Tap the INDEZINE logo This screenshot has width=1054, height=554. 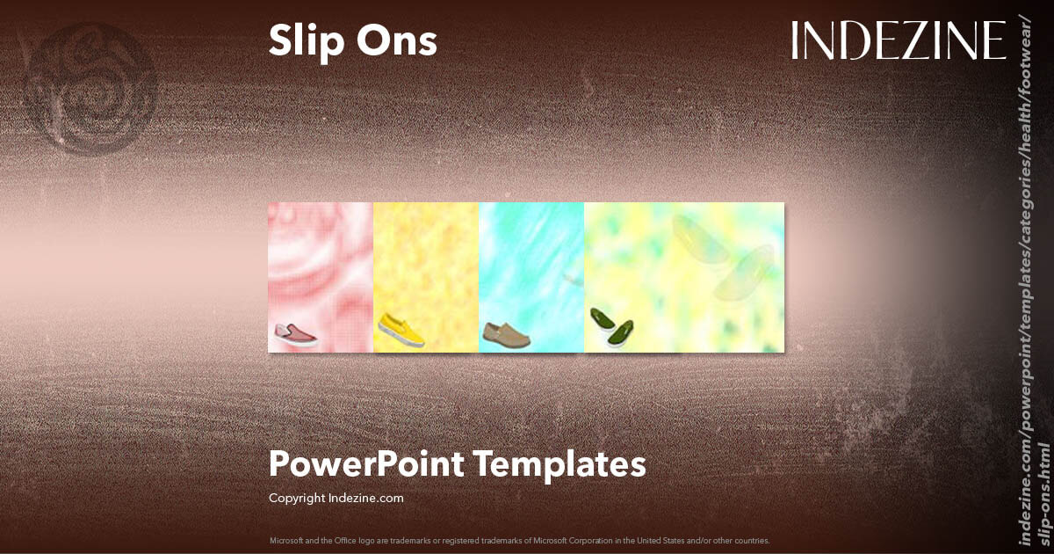[898, 40]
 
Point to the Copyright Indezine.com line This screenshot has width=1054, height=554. [336, 498]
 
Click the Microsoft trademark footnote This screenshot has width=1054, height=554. [519, 540]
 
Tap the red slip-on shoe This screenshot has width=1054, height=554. [295, 333]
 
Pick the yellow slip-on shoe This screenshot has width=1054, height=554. [401, 330]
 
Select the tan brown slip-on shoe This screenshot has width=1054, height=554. [505, 334]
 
